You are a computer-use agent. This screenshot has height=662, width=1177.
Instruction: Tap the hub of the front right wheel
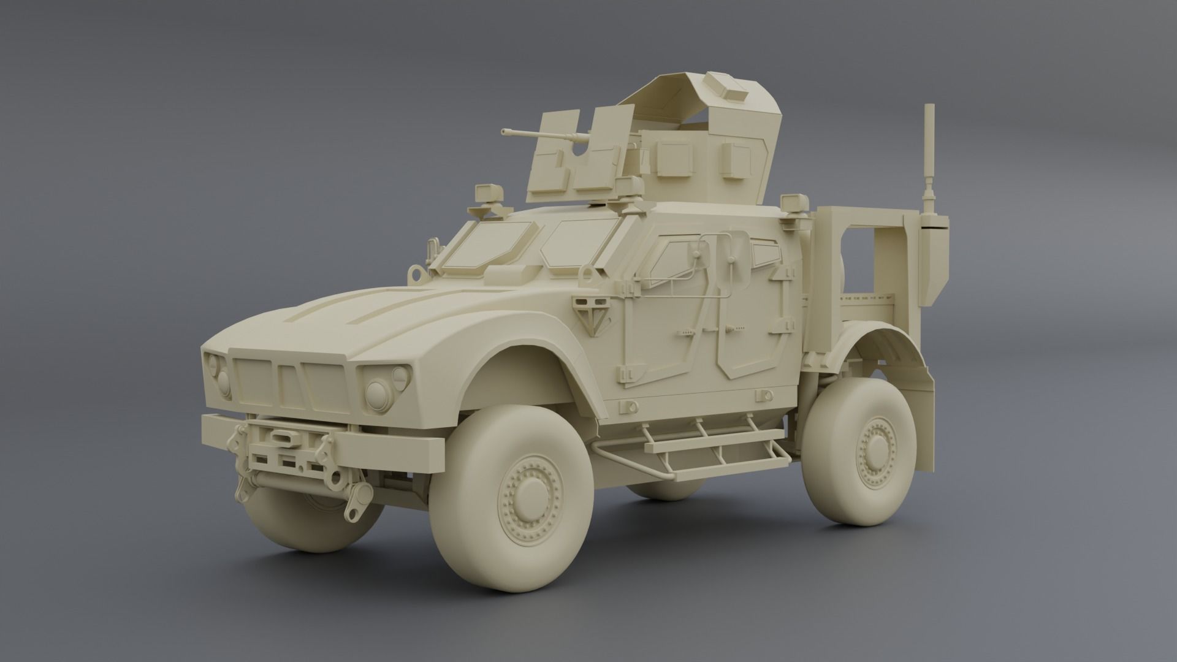click(525, 496)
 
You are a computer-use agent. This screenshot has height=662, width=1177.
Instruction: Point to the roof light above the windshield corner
click(489, 192)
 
